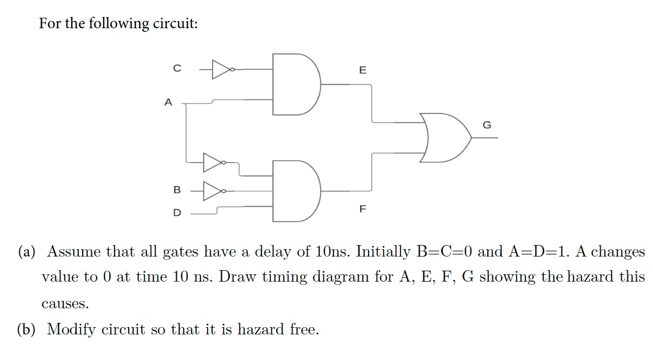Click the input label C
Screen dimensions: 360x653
click(x=177, y=68)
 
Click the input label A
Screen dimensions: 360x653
click(x=168, y=103)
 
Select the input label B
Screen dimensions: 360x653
click(x=177, y=190)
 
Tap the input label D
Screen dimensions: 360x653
click(x=177, y=213)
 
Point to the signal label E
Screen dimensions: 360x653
click(x=363, y=70)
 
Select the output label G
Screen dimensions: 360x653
click(x=487, y=125)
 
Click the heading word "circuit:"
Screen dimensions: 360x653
click(x=174, y=24)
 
